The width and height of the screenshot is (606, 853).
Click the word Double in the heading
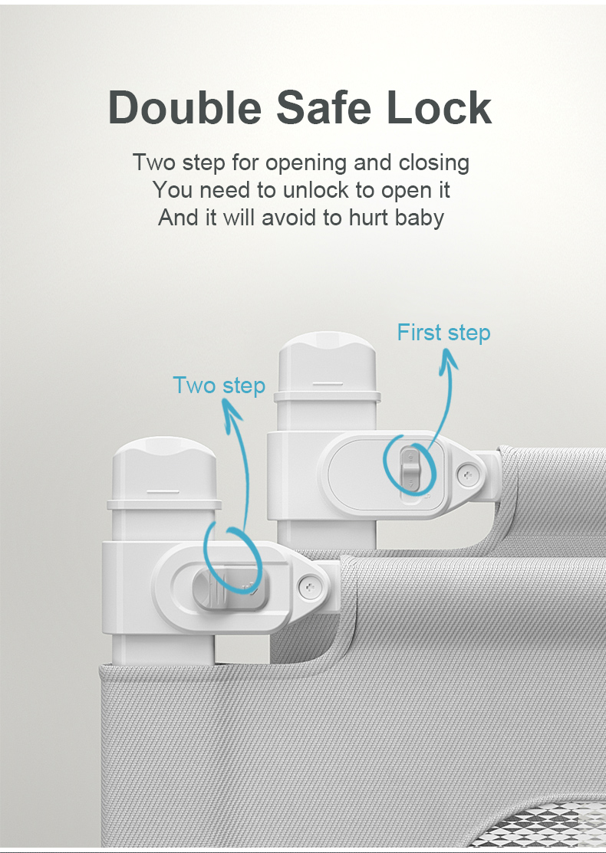(185, 107)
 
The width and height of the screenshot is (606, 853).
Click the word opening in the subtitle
(305, 164)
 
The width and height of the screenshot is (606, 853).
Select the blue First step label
(443, 333)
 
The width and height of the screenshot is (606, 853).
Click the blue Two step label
(219, 385)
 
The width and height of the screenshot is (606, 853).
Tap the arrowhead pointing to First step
(450, 358)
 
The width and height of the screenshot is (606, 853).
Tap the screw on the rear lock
(468, 475)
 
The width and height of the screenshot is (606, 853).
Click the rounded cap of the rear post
(328, 363)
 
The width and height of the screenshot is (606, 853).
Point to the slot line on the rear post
(328, 384)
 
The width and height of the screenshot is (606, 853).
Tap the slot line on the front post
(163, 492)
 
